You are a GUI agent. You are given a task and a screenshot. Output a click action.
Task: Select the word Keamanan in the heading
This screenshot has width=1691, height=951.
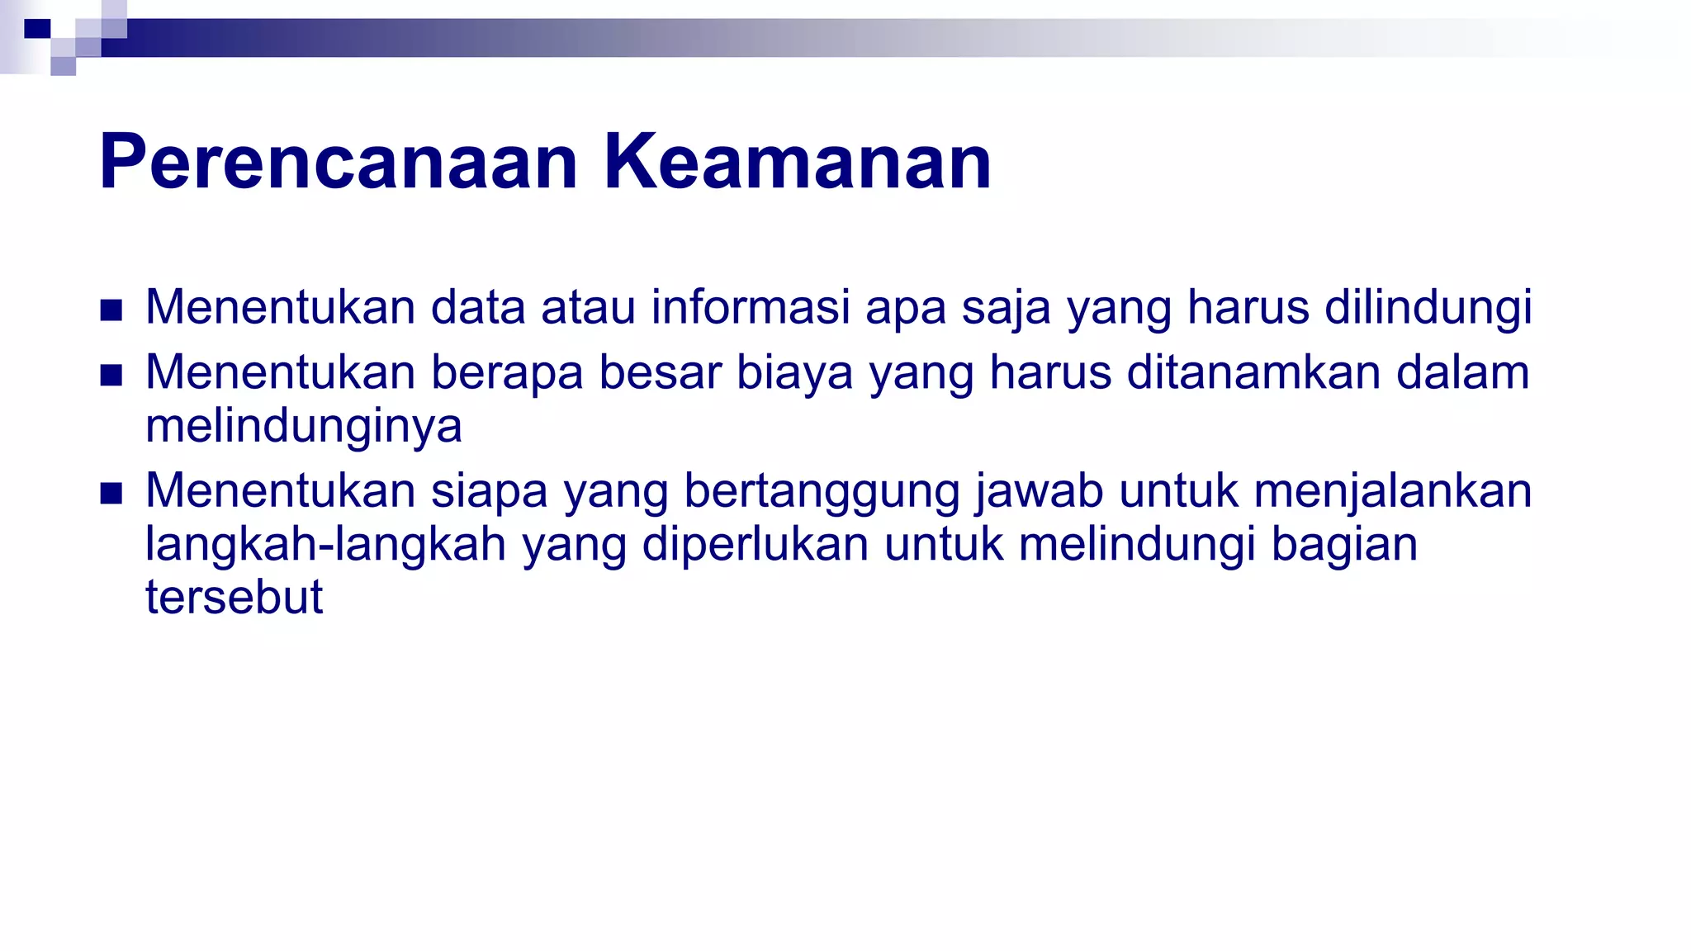click(x=797, y=163)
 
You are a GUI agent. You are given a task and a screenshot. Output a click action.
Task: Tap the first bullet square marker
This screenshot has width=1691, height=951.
click(x=111, y=310)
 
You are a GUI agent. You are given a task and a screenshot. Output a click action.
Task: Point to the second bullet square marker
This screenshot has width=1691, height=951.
click(x=111, y=376)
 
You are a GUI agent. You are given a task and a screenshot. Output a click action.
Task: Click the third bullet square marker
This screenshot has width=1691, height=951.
click(x=111, y=494)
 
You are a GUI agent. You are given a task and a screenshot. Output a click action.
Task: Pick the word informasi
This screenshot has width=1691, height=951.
click(x=750, y=307)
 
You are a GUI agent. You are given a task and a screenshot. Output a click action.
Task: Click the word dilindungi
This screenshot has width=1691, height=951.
click(x=1428, y=307)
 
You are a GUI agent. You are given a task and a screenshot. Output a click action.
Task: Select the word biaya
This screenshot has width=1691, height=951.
click(x=793, y=373)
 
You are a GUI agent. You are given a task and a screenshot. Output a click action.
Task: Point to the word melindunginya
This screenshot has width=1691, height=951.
click(x=303, y=427)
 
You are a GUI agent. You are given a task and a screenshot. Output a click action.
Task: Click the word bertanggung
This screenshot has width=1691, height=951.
click(x=822, y=491)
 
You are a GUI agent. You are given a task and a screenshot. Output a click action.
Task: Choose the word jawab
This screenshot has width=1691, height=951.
click(x=1040, y=491)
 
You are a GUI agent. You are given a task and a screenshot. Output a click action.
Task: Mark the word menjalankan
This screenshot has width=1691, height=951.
click(x=1392, y=491)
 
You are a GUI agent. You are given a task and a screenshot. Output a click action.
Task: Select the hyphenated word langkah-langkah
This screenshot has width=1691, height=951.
click(x=325, y=545)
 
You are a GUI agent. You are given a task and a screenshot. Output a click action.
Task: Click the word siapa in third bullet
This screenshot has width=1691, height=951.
click(x=489, y=491)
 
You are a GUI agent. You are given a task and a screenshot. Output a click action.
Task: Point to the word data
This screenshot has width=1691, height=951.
click(x=478, y=307)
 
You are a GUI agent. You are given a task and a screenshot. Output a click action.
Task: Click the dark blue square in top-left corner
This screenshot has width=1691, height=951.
click(x=37, y=30)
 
